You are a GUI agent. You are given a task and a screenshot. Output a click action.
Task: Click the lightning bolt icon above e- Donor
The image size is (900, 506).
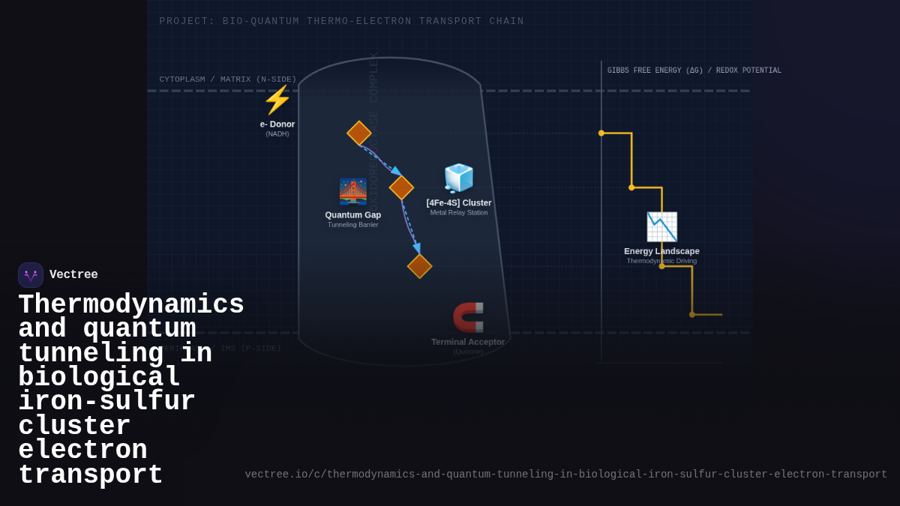[277, 100]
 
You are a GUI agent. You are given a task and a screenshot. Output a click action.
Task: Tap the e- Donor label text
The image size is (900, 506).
[277, 124]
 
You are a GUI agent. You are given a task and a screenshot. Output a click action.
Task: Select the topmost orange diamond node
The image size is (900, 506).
[359, 133]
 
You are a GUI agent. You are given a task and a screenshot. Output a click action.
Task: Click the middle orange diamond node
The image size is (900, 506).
[401, 187]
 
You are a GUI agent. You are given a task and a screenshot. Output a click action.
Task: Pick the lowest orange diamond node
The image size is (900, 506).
[419, 266]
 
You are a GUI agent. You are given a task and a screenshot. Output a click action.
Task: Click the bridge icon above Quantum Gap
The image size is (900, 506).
[353, 191]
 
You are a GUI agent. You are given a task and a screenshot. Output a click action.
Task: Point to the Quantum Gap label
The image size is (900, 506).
[353, 215]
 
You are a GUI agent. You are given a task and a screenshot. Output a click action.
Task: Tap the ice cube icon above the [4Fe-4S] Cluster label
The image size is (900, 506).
[459, 178]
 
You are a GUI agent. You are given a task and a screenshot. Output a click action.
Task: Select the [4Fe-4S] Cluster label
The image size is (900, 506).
[459, 203]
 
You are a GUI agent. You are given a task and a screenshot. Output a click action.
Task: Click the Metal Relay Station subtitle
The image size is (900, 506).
[459, 213]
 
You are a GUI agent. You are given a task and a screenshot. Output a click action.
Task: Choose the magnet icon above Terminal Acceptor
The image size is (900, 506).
[468, 317]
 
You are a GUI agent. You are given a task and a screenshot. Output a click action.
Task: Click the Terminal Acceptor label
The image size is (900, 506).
[468, 342]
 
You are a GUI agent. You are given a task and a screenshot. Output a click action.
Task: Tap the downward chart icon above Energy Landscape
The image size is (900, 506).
[661, 227]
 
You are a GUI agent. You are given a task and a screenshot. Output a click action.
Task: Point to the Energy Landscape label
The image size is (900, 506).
[661, 252]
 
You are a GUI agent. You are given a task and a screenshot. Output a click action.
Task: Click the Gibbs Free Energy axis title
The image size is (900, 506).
[694, 70]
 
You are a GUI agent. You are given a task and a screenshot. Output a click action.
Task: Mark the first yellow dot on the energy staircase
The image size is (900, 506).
[601, 133]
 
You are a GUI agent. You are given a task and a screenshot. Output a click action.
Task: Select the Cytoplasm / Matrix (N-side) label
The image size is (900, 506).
[228, 79]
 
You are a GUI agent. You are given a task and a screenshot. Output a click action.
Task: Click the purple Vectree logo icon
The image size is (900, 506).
[31, 275]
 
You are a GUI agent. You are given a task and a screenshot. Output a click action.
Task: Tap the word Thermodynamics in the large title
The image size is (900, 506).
[131, 305]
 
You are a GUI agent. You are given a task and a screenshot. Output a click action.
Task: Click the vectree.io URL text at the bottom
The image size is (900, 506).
[565, 475]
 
